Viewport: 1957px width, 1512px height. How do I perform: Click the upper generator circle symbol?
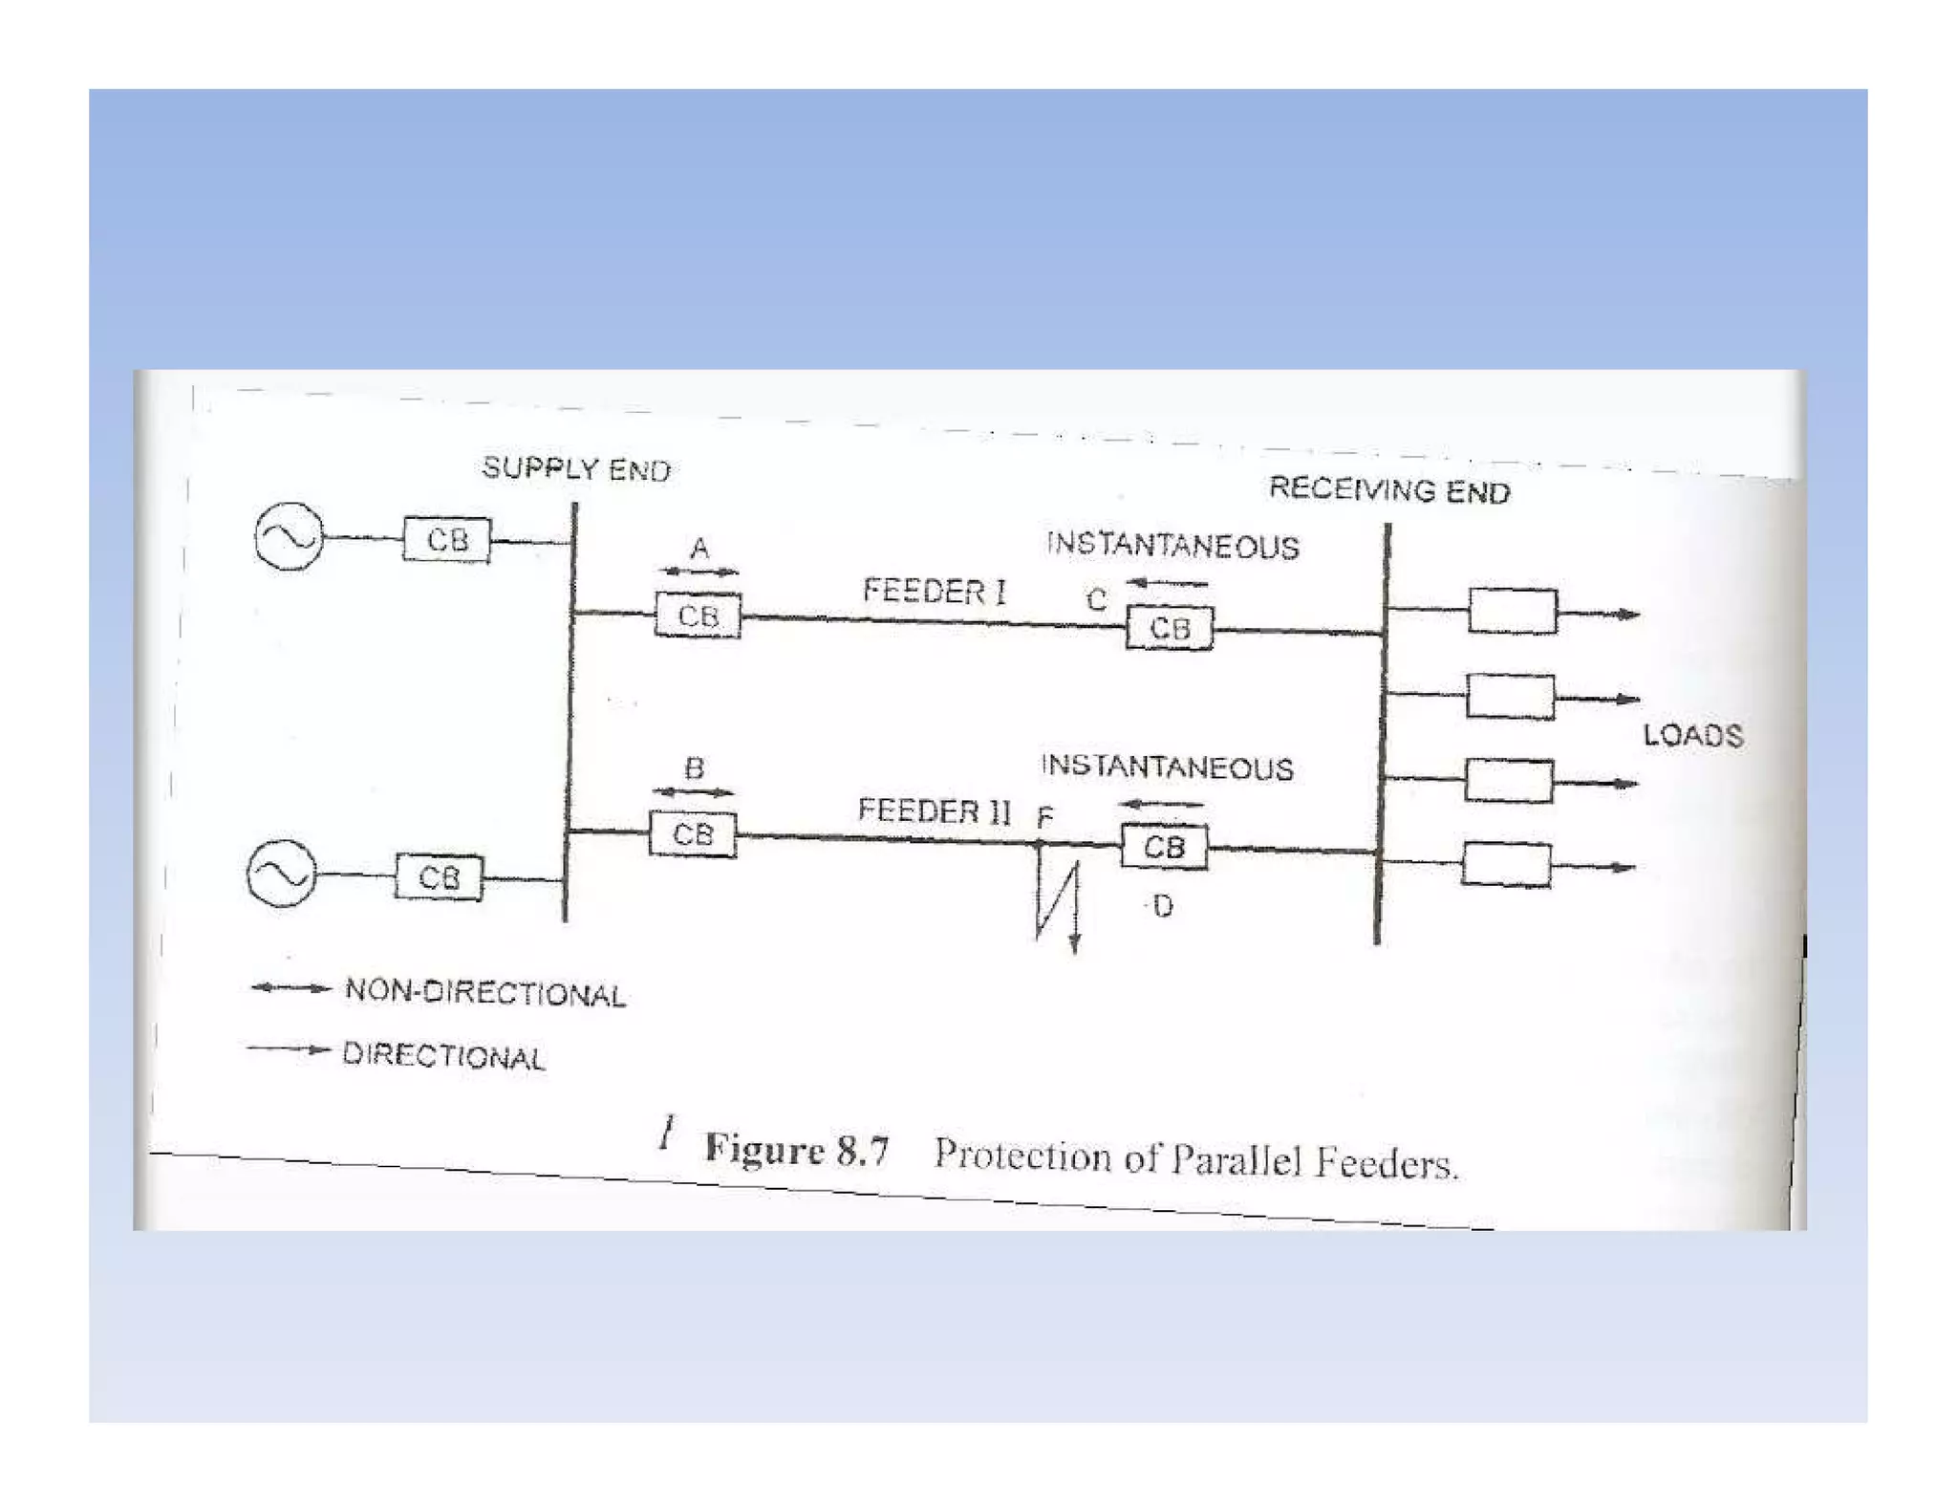[289, 536]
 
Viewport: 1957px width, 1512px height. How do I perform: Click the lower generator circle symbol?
[281, 874]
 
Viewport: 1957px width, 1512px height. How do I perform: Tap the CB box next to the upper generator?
[446, 540]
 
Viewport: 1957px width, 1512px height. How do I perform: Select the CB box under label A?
[699, 616]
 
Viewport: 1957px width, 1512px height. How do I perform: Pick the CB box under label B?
[693, 834]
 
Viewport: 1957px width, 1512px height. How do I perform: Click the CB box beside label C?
[1170, 628]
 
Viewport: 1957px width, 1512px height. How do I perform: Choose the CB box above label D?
[1164, 847]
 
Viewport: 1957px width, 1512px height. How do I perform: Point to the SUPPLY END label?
[576, 468]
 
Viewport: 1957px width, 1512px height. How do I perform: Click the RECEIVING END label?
[1389, 490]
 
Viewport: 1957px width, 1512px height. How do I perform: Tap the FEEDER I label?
[934, 591]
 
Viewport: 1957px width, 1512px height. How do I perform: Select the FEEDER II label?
[934, 810]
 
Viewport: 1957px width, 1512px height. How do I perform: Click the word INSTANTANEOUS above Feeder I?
[1172, 546]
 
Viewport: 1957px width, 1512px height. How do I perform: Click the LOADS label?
[1693, 735]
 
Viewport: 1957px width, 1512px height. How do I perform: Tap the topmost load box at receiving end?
[1513, 612]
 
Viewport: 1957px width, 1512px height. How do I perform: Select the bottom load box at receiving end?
[1507, 865]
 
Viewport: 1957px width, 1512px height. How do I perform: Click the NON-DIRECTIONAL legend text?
[485, 993]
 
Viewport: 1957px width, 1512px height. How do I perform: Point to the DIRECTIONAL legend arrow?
[289, 1049]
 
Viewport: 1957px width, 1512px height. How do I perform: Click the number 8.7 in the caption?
[863, 1151]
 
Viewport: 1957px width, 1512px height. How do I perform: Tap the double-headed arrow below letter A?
[699, 572]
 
